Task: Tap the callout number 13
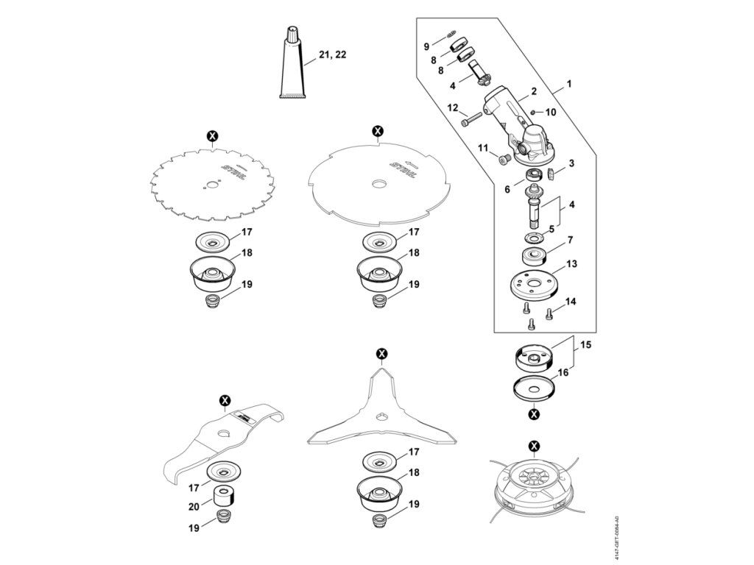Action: click(x=571, y=264)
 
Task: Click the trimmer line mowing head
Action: click(x=535, y=483)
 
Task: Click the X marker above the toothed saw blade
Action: click(x=213, y=135)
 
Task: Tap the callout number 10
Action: click(x=551, y=113)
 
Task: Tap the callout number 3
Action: click(x=571, y=163)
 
